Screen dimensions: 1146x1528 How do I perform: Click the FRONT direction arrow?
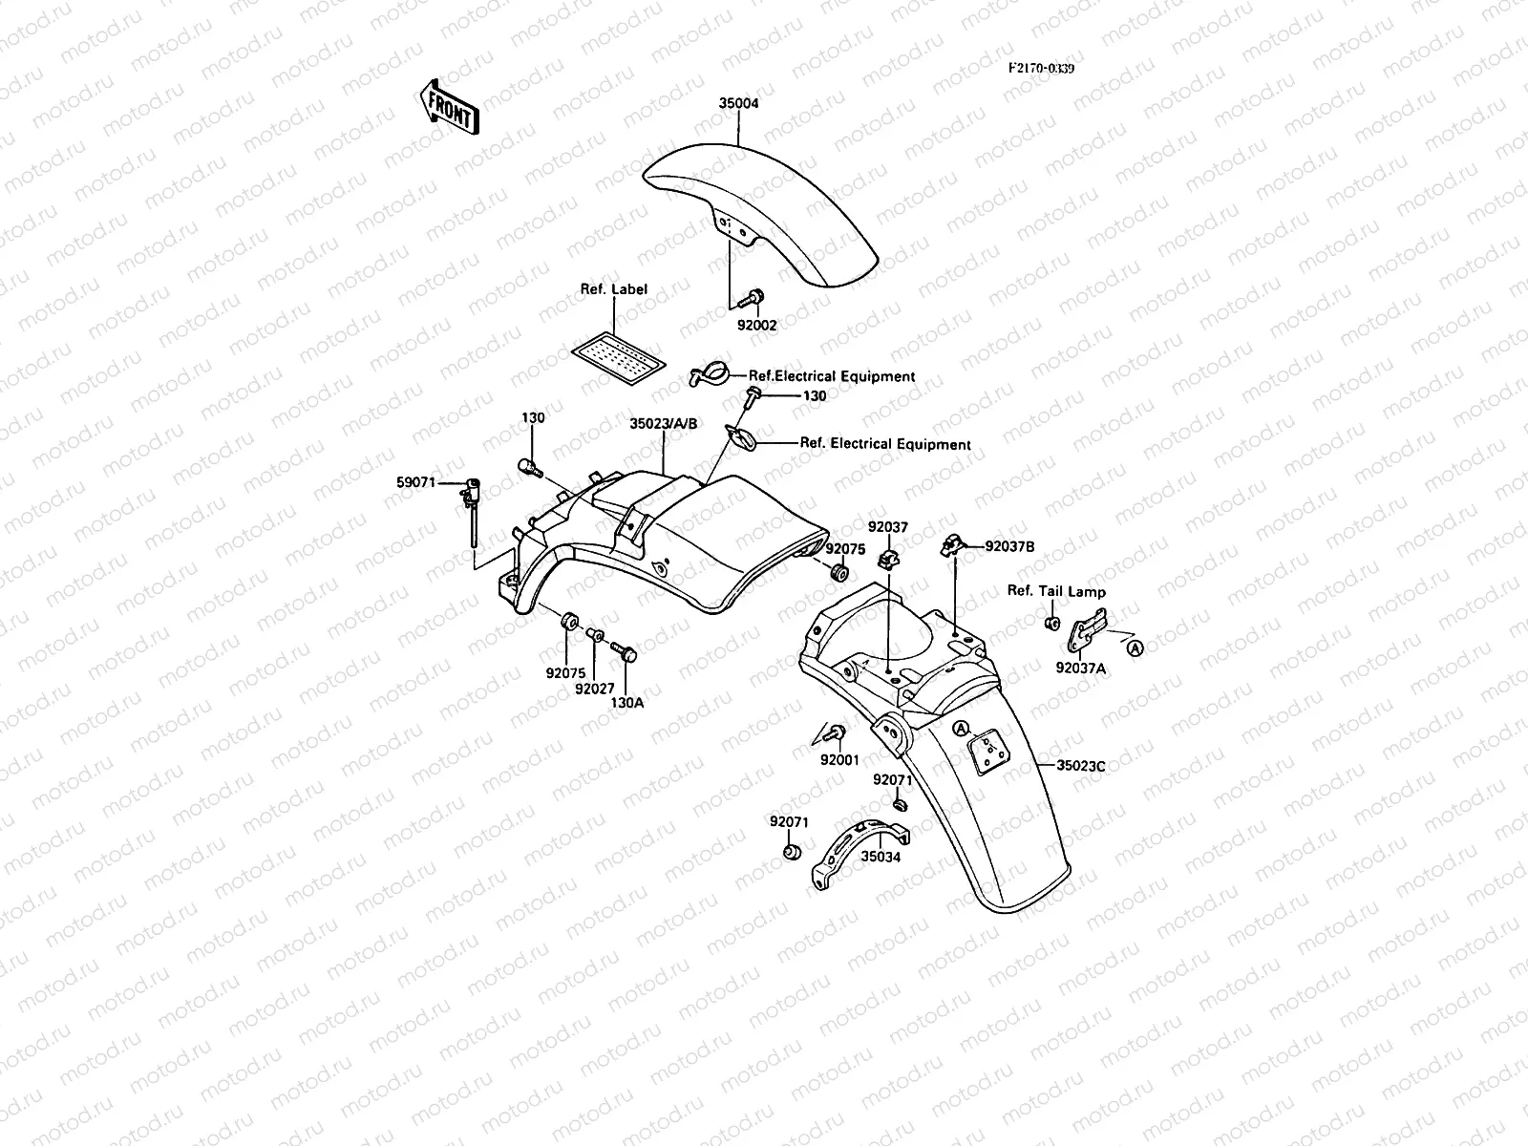448,105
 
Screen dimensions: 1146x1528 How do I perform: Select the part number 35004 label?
738,103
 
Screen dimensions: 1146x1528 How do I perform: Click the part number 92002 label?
756,325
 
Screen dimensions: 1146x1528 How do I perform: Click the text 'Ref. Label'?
613,289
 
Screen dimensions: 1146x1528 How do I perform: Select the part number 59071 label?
415,483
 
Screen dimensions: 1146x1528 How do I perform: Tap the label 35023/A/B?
663,424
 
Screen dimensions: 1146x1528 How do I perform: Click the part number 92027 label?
594,689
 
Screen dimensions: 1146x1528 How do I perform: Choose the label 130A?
626,702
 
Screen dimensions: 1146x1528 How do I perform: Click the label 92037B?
1009,547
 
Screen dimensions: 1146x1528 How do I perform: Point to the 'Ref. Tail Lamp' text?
1056,591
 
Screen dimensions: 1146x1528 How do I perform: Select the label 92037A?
1080,668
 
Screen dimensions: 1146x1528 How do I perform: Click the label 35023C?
1080,765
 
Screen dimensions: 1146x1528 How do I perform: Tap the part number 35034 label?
881,857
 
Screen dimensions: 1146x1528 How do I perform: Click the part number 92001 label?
839,760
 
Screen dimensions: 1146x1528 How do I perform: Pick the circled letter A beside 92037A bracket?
1135,647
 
